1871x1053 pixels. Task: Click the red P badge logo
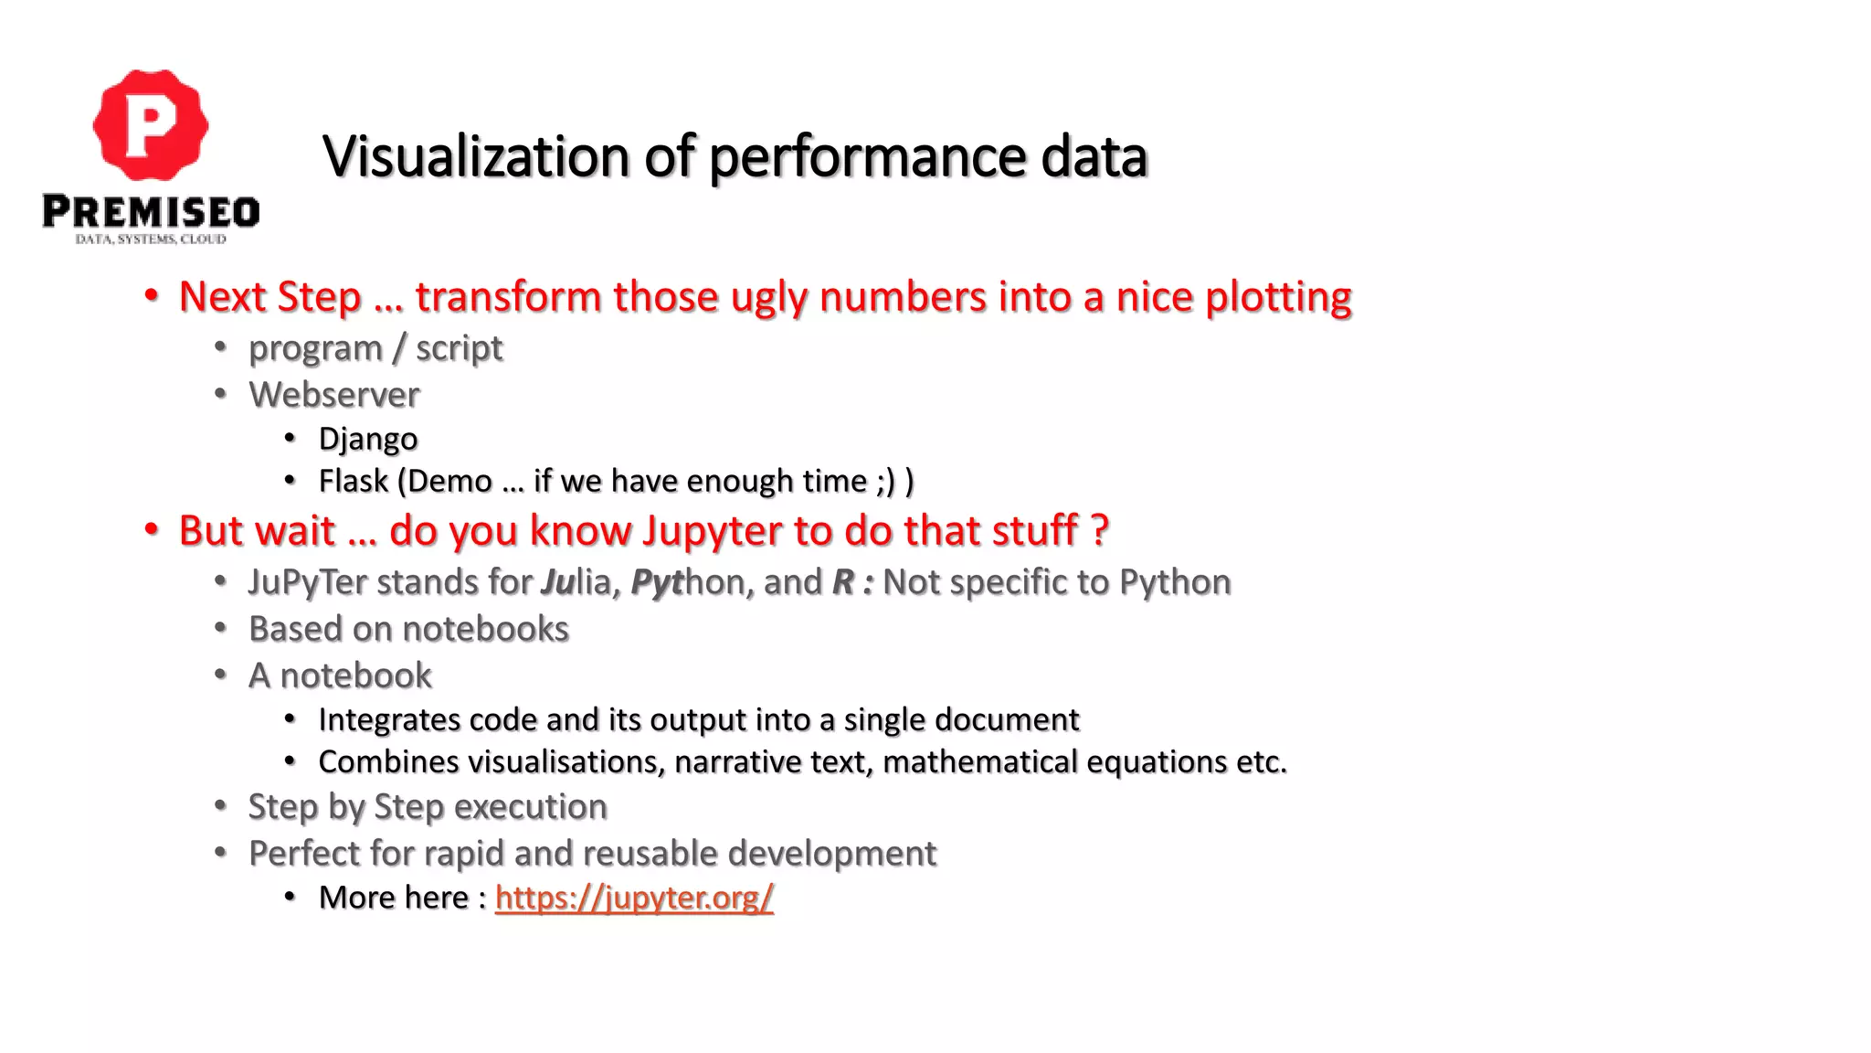(x=151, y=125)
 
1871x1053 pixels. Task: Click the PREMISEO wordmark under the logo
(x=151, y=212)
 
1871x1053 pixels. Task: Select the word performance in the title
(x=869, y=156)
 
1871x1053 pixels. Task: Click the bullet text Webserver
(x=334, y=395)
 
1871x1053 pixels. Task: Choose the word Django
(x=367, y=439)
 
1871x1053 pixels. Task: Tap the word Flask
(x=353, y=481)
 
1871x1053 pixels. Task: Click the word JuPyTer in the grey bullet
(x=307, y=582)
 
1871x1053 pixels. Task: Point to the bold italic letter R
(x=842, y=582)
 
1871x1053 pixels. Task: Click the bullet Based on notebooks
(x=408, y=629)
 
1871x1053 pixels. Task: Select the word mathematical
(x=980, y=762)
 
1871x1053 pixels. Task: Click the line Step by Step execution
(x=428, y=807)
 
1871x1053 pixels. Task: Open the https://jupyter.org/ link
(x=634, y=898)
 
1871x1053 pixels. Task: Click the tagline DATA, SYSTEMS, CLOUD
(x=151, y=239)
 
